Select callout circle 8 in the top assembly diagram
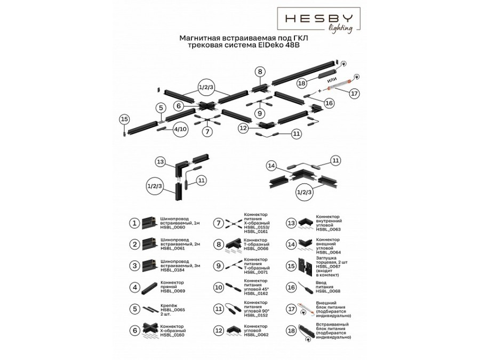[x=259, y=71]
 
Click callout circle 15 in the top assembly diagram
[x=124, y=119]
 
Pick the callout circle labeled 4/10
[x=180, y=129]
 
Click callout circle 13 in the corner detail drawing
[x=160, y=161]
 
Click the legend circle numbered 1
[x=135, y=223]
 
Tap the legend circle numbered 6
[x=135, y=331]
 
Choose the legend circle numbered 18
[x=291, y=331]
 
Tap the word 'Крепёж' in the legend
[x=169, y=306]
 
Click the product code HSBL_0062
[x=255, y=335]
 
